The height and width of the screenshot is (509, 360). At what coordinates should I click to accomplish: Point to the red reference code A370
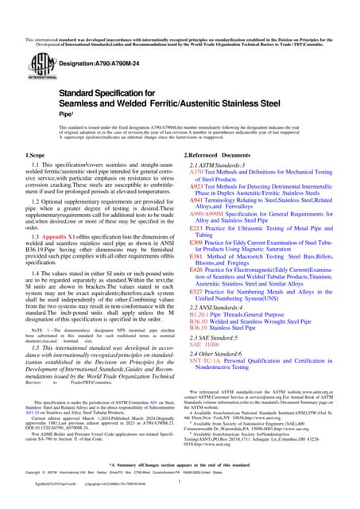tap(195, 171)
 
